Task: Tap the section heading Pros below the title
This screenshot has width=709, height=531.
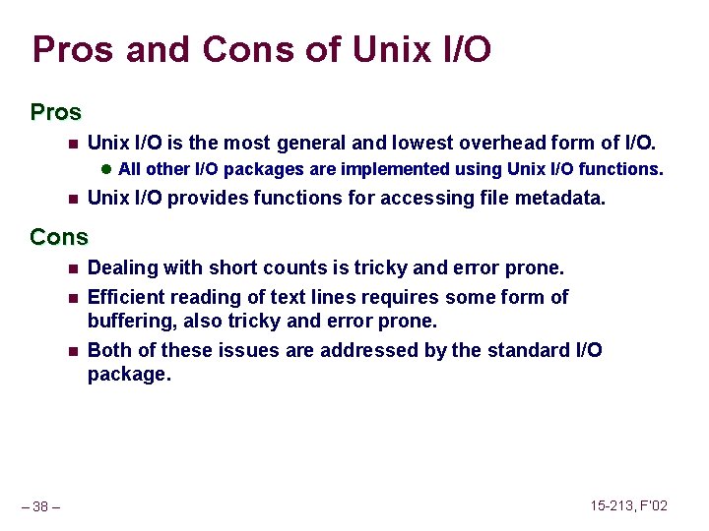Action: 56,113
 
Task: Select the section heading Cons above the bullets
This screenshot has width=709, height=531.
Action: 59,237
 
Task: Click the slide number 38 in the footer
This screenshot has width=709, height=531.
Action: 40,506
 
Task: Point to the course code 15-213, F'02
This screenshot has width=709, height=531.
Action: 628,505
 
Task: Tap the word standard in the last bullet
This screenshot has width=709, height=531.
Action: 528,350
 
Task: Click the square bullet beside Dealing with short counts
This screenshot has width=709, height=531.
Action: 72,268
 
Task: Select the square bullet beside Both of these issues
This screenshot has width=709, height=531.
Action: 72,351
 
